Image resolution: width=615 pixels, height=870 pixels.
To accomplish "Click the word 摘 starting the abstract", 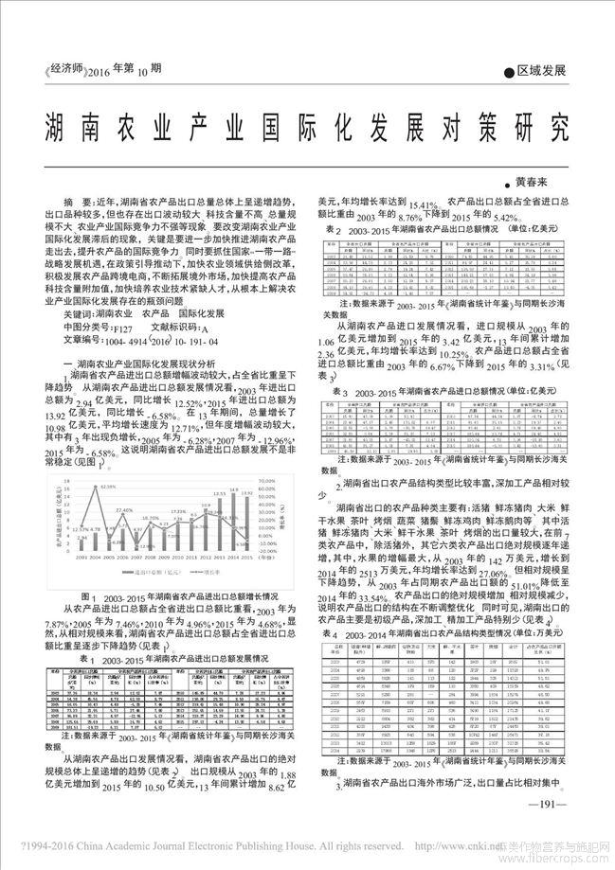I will [68, 203].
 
